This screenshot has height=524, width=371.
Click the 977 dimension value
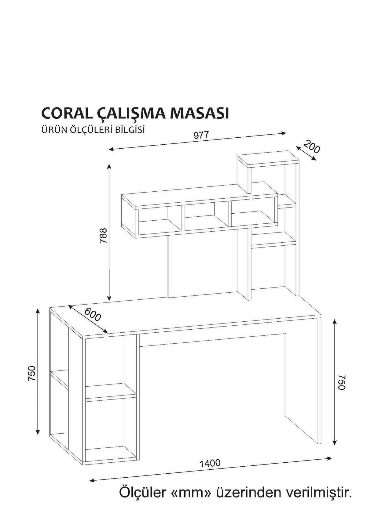coord(201,135)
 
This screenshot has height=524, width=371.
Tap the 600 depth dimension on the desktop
coord(92,315)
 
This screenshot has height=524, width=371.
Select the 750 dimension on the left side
coord(32,373)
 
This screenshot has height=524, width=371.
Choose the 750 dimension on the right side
coord(341,382)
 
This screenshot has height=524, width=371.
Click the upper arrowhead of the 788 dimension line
coord(109,167)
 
